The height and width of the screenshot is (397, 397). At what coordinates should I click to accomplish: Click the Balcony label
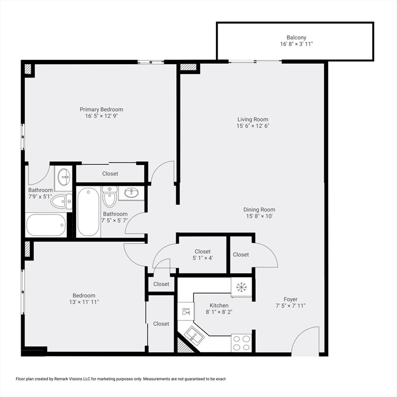[296, 37]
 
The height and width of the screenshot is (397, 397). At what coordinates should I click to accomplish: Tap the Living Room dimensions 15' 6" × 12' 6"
[253, 126]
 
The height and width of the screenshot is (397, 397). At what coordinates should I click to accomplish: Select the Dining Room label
[259, 209]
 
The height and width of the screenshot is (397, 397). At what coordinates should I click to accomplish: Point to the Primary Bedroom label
[101, 109]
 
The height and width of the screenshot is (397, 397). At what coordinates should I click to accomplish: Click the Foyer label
[290, 299]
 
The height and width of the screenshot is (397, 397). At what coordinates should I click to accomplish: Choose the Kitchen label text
[219, 306]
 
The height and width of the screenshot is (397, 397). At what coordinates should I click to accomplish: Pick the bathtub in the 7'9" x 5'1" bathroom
[46, 225]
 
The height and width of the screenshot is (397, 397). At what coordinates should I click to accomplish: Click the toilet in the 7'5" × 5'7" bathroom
[110, 196]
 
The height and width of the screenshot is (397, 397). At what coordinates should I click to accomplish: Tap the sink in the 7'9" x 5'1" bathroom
[64, 176]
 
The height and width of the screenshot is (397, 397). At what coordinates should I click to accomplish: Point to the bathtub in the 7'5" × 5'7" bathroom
[88, 211]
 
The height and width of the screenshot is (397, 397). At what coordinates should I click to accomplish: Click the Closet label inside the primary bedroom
[110, 174]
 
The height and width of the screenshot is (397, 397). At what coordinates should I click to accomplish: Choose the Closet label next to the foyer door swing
[241, 254]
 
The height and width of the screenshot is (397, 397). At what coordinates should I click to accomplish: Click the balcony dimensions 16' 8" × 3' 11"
[296, 44]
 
